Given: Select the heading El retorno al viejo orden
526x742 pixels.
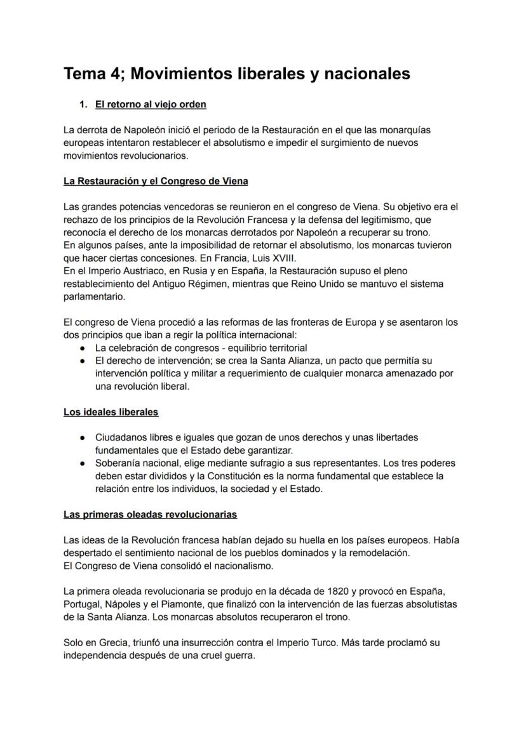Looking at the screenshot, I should click(151, 104).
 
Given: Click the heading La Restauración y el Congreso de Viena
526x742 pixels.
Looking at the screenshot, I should click(156, 181).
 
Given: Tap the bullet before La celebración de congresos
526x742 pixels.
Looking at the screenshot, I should click(83, 348).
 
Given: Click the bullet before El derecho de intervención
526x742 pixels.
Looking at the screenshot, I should click(83, 361).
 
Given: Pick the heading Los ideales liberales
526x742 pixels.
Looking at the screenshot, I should click(111, 412).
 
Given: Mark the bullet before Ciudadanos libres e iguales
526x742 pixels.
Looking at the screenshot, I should click(83, 438).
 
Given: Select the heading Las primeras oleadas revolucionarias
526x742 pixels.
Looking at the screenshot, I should click(150, 514).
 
